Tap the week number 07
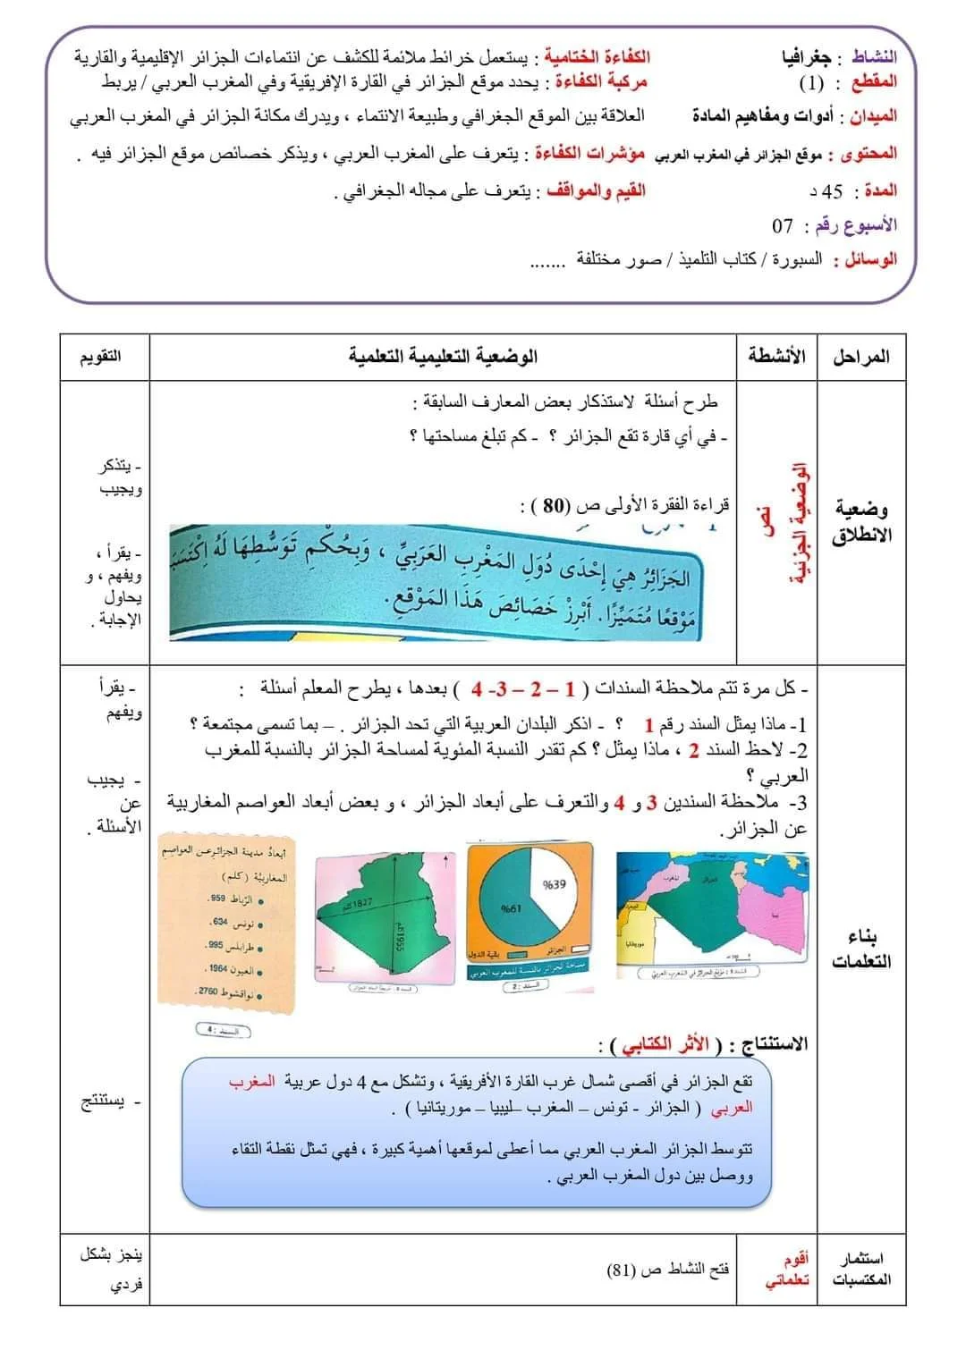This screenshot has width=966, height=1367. coord(784,224)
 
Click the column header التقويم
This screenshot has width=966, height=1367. coord(101,356)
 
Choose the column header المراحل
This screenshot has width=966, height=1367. coord(860,357)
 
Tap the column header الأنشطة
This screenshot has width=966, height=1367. coord(776,356)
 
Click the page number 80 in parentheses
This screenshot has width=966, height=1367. coord(555,505)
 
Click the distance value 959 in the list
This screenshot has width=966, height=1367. coord(217,899)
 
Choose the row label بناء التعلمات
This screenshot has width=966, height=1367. coord(861,949)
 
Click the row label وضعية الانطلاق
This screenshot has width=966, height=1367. coord(861,522)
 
